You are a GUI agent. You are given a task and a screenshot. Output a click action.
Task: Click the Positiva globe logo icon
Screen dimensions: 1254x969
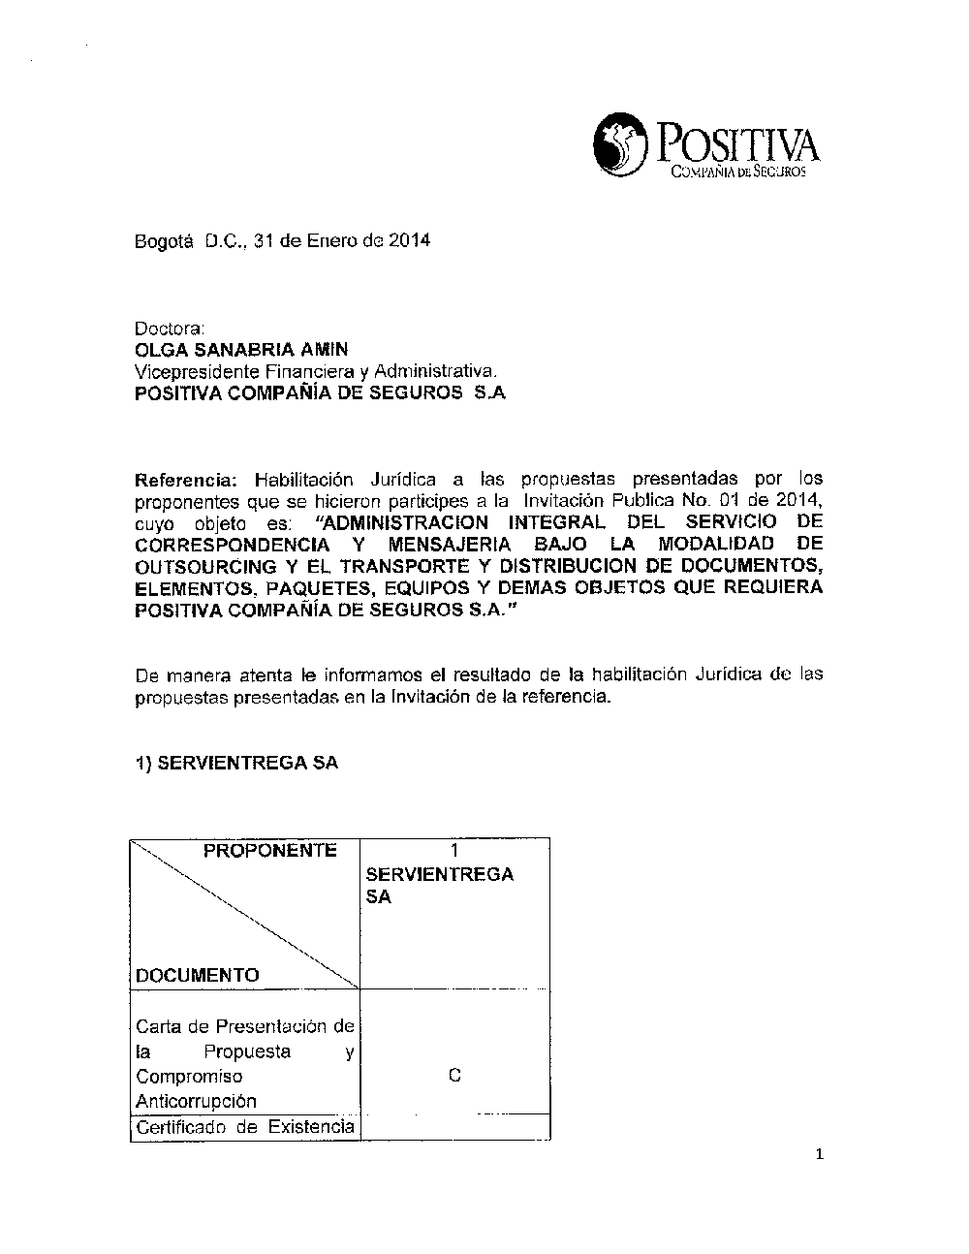(620, 145)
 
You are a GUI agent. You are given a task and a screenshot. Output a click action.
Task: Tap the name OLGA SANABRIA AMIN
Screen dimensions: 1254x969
(241, 349)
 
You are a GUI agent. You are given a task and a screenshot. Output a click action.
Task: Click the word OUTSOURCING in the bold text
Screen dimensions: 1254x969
(205, 566)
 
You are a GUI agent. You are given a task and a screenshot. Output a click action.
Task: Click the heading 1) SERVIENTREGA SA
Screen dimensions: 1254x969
(237, 763)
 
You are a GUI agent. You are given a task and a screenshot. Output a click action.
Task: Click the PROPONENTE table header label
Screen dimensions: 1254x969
(270, 851)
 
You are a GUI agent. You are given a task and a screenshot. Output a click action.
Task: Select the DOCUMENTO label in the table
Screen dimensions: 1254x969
(198, 975)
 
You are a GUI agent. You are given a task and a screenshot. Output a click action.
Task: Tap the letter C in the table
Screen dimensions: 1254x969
(454, 1076)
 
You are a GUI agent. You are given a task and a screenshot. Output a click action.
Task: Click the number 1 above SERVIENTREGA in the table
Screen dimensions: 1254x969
(454, 851)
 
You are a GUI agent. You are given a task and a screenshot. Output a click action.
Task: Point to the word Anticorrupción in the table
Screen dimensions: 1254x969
(197, 1101)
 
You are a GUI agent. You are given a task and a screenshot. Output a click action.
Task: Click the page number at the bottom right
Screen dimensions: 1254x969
(819, 1153)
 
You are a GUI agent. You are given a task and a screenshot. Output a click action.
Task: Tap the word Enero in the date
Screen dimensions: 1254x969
(332, 240)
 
